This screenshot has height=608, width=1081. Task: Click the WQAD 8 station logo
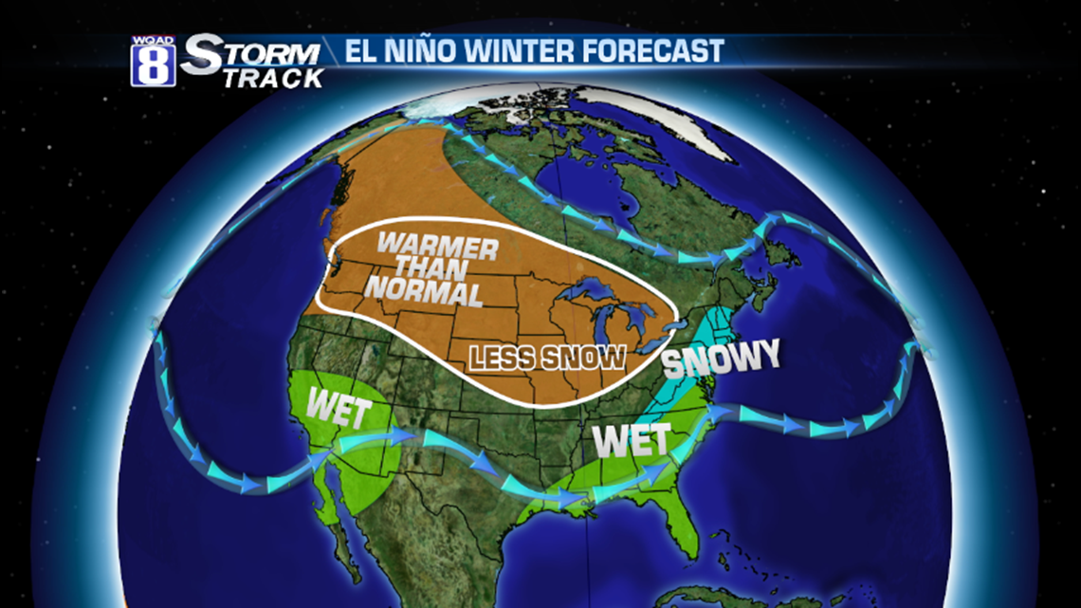pos(153,62)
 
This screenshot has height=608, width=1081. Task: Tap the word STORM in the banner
pos(251,55)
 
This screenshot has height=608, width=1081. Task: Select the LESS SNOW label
pos(547,358)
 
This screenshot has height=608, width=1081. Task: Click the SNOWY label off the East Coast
pos(720,357)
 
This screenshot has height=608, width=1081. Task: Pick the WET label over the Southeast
pos(632,439)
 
